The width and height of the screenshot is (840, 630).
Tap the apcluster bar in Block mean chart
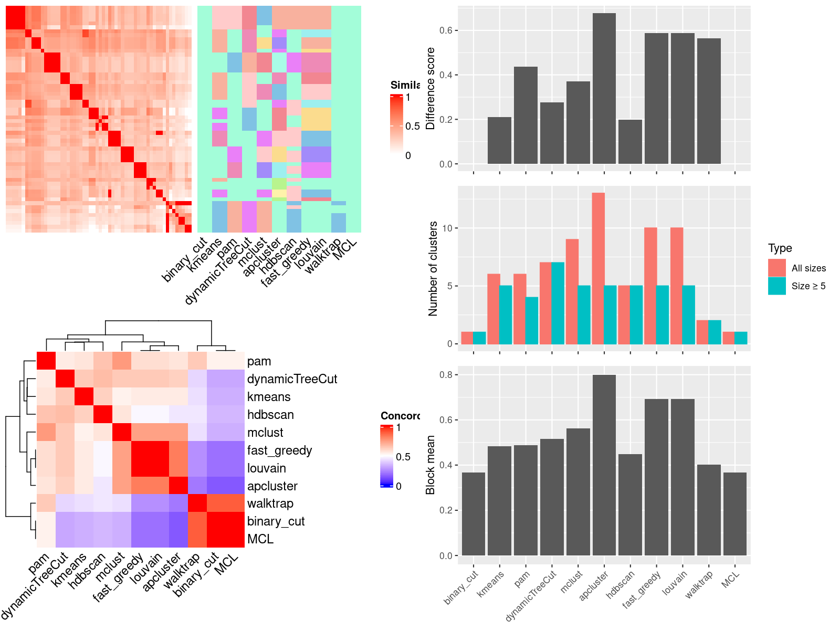(604, 465)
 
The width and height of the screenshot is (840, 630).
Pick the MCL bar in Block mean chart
(735, 514)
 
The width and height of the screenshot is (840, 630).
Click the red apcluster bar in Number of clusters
(598, 268)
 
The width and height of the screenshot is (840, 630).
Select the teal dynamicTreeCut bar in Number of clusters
(558, 303)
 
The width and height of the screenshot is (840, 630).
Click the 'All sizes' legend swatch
(777, 268)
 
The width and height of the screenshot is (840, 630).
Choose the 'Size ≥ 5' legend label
(808, 286)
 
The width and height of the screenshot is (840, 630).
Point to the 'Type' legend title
(780, 248)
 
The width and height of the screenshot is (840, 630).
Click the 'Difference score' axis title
(431, 88)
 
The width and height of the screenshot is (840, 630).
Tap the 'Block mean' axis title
(431, 465)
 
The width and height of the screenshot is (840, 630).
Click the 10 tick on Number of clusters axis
(447, 228)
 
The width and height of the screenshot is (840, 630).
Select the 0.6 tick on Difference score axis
(446, 30)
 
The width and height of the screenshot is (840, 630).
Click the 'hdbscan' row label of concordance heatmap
(270, 415)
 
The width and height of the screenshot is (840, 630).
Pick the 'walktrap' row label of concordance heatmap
(270, 503)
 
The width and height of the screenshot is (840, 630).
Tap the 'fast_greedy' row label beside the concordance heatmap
(280, 450)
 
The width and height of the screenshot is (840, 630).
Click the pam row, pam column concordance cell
(46, 361)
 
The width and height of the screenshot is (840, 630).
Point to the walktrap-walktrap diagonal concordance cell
(197, 503)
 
